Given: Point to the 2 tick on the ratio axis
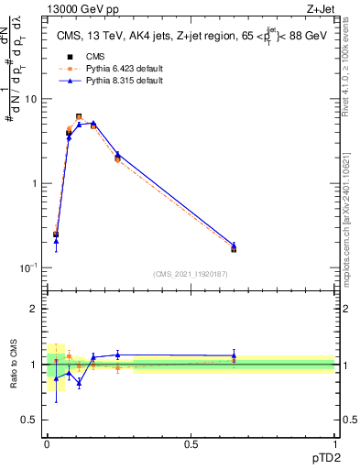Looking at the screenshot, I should pos(36,309).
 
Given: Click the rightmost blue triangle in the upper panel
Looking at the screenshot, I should pos(234,245).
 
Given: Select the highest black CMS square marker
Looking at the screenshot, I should pos(79,117).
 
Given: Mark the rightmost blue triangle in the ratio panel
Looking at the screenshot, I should pos(234,355).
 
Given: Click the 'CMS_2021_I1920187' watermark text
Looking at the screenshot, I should pos(191,273).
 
